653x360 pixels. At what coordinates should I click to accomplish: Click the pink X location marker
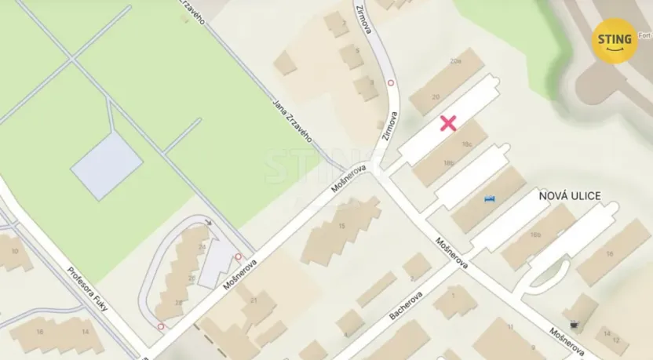(448, 122)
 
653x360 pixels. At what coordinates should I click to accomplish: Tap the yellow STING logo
(615, 41)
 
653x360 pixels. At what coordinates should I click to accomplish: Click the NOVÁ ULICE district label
(569, 195)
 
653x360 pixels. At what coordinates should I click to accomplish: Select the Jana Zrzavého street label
(292, 118)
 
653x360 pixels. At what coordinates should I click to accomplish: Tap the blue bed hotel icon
(491, 199)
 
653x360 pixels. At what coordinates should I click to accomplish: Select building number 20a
(455, 60)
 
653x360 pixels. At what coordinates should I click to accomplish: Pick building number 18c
(467, 144)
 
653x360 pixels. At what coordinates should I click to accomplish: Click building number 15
(341, 226)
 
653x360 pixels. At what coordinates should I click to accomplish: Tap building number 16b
(535, 234)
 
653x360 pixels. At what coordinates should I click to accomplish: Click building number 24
(202, 247)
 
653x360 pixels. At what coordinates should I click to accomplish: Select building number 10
(15, 251)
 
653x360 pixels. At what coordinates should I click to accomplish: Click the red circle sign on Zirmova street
(391, 82)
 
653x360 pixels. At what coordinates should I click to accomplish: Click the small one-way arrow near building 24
(209, 224)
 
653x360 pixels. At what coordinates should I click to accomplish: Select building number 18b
(449, 163)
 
